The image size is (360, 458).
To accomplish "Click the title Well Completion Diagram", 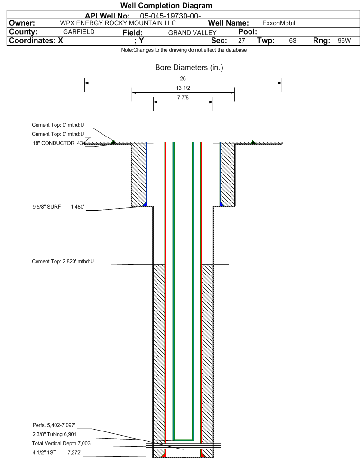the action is (166, 6).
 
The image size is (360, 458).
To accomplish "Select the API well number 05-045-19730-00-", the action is (170, 16).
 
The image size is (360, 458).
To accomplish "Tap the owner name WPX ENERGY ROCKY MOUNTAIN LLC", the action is (118, 23).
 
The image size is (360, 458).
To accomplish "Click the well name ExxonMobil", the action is (278, 23).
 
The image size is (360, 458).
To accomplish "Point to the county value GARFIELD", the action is (79, 32).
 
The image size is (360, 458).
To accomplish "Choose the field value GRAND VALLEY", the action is (192, 33).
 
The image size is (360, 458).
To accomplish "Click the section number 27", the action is (241, 41).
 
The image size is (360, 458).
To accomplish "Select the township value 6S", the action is (293, 41).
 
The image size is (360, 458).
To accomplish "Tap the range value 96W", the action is (344, 41).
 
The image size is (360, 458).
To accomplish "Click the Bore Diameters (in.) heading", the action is (189, 68).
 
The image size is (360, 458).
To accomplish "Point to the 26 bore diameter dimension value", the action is (183, 78).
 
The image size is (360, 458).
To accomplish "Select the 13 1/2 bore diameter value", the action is (183, 88).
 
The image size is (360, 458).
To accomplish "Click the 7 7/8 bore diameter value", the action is (183, 98).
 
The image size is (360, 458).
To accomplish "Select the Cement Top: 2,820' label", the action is (63, 261).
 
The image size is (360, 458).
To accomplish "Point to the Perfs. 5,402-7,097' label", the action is (54, 425).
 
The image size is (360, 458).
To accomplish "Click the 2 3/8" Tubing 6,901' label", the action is (55, 434).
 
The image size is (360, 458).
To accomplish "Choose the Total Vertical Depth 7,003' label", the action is (62, 443).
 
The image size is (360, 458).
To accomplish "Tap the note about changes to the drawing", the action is (184, 50).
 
